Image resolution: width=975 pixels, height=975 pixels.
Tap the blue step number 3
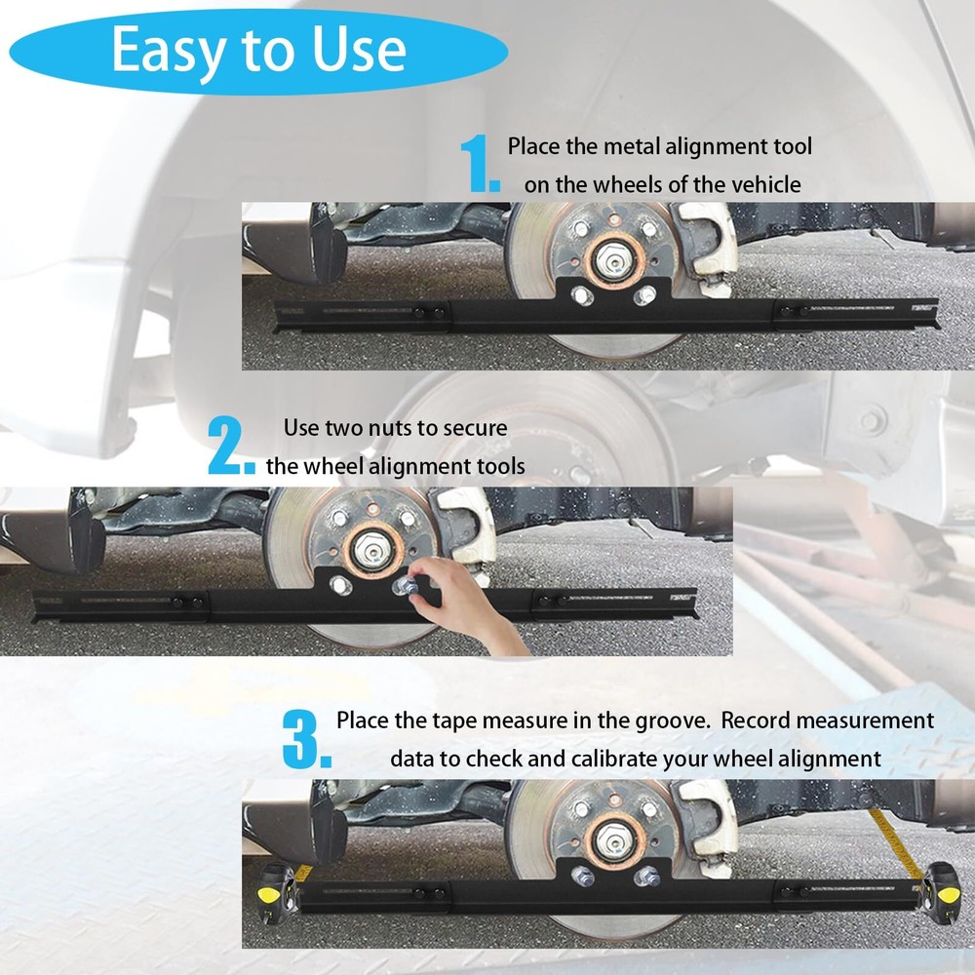306,739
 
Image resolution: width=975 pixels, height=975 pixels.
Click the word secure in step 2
474,428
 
